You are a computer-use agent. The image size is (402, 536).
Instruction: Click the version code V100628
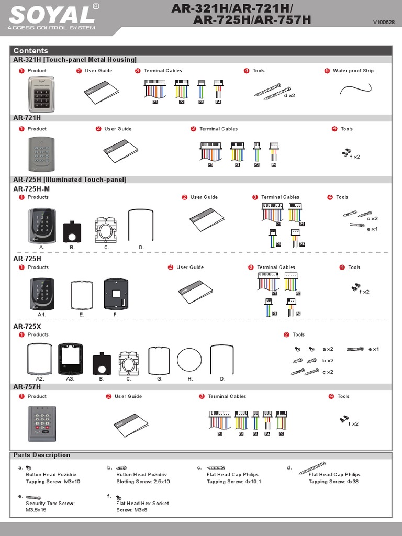pyautogui.click(x=383, y=22)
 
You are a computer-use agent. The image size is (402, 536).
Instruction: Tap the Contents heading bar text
pyautogui.click(x=31, y=51)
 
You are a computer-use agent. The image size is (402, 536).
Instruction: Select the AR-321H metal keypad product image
pyautogui.click(x=41, y=94)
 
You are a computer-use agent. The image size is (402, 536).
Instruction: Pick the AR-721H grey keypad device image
pyautogui.click(x=41, y=154)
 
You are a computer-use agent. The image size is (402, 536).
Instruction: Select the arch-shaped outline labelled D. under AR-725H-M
pyautogui.click(x=141, y=225)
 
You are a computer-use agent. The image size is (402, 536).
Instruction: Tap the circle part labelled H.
pyautogui.click(x=189, y=361)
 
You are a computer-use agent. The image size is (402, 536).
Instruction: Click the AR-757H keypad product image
pyautogui.click(x=42, y=423)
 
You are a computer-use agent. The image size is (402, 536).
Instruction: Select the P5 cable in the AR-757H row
pyautogui.click(x=281, y=422)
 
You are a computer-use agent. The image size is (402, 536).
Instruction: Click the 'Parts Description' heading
pyautogui.click(x=42, y=455)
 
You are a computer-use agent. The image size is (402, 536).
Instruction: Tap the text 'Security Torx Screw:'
pyautogui.click(x=50, y=503)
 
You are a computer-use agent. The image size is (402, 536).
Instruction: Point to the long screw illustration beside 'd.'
pyautogui.click(x=312, y=467)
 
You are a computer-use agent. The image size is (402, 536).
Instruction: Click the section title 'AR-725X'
pyautogui.click(x=27, y=326)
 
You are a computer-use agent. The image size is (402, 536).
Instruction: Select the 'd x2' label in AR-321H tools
pyautogui.click(x=289, y=96)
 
